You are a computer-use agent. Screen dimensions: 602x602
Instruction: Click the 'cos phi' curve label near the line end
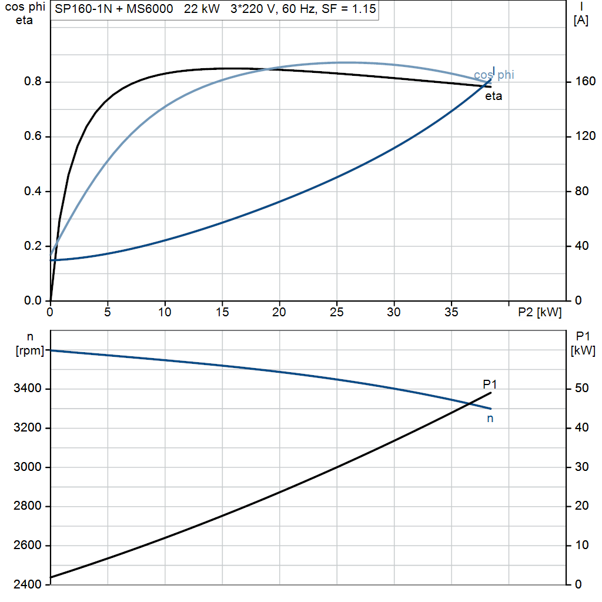pos(494,75)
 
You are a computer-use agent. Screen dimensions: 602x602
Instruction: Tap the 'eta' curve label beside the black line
pos(494,96)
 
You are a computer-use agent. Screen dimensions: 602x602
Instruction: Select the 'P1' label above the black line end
pos(490,384)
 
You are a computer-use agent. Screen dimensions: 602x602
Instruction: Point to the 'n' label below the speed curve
pos(490,419)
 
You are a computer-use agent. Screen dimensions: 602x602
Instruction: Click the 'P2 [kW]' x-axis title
pos(540,312)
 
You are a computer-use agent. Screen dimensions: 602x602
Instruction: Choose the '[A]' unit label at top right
pos(581,21)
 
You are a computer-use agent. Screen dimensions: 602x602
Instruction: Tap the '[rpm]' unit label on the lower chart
pos(30,350)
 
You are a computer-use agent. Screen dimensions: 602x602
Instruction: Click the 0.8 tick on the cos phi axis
pos(33,81)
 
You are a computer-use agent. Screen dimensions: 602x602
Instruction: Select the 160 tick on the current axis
pos(586,81)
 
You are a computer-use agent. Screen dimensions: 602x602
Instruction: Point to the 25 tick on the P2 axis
pos(337,312)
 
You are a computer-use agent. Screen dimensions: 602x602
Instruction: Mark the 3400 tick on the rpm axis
pos(27,388)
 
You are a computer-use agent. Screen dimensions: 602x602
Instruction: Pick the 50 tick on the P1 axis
pos(582,388)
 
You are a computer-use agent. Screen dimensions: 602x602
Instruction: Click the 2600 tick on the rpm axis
pos(27,545)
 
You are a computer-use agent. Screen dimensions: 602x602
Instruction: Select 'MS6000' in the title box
pos(150,9)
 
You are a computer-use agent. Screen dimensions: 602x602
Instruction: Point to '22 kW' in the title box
pos(202,9)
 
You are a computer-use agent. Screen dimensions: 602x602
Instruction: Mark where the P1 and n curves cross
pos(469,403)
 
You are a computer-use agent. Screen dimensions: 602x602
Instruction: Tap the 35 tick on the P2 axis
pos(451,312)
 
